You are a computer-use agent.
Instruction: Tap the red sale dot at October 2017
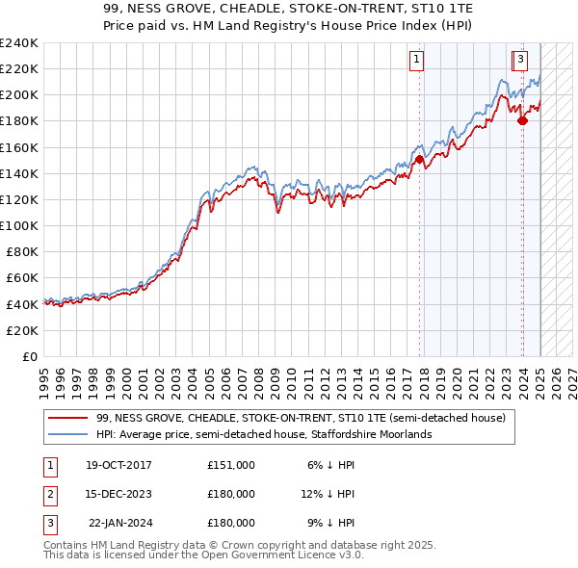(x=420, y=160)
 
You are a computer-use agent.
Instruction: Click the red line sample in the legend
(x=67, y=419)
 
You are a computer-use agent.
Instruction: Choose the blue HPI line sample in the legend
(x=67, y=435)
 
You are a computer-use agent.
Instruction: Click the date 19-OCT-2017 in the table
(x=119, y=465)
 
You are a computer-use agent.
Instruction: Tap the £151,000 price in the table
(x=231, y=465)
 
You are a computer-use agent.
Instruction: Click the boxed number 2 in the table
(x=49, y=494)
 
